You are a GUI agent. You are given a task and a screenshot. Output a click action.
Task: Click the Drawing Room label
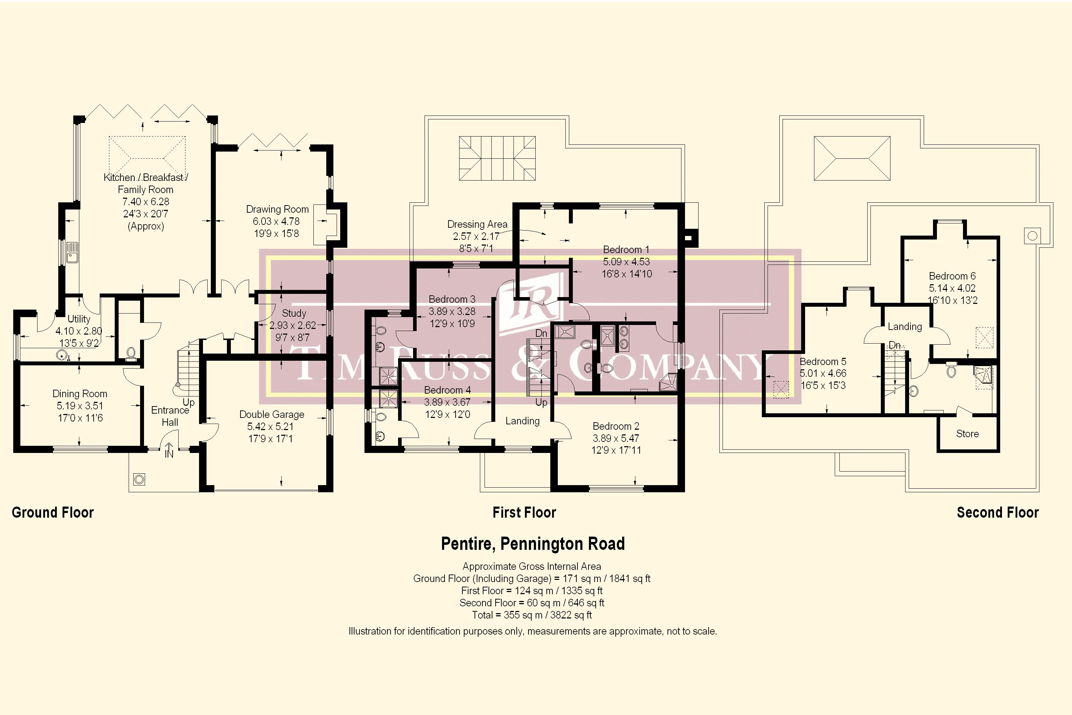(277, 209)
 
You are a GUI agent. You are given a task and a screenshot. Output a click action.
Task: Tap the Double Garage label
(272, 414)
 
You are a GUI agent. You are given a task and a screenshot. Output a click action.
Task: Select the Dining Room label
(80, 394)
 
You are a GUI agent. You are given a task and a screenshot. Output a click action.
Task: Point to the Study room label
(294, 313)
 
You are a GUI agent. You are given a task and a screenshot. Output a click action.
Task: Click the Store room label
(967, 434)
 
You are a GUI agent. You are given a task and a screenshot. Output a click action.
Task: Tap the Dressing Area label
(477, 225)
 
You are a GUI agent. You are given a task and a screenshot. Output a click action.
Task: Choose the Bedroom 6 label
(952, 276)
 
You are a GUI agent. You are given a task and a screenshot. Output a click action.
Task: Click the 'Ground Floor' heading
(53, 513)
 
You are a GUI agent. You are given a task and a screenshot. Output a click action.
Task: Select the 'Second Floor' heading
(998, 513)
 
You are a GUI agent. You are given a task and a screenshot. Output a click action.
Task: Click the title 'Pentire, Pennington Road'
(533, 543)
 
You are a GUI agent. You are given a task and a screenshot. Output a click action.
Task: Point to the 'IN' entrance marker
(169, 454)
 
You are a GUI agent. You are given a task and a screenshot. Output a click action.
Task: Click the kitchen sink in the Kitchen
(72, 252)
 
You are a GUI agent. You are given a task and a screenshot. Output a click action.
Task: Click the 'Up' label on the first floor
(541, 402)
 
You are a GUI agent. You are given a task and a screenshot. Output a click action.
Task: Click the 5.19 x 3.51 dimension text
(80, 406)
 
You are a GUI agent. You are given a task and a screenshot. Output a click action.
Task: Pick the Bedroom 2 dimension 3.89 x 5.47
(616, 438)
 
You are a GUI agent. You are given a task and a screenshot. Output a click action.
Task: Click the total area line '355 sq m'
(532, 615)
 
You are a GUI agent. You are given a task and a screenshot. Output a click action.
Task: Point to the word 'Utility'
(79, 319)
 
